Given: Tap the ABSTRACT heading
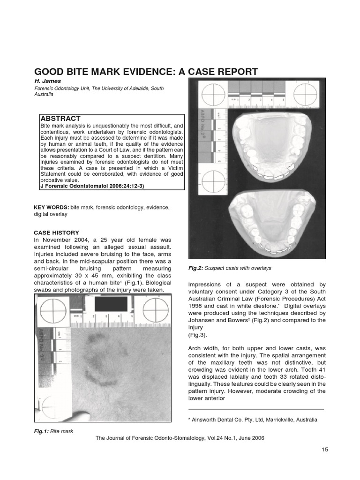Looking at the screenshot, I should (x=60, y=119).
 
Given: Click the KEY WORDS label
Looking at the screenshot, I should (x=52, y=207).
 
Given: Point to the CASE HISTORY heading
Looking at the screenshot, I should (x=56, y=232).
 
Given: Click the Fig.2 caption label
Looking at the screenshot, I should (x=195, y=268).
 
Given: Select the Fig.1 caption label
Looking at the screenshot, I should (x=41, y=430).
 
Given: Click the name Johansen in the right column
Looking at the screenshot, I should (x=202, y=320).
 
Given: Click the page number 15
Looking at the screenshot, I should (x=325, y=450).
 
